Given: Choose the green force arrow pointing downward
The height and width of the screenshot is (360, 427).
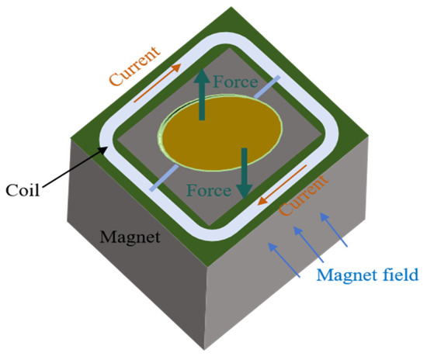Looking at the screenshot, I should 245,173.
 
